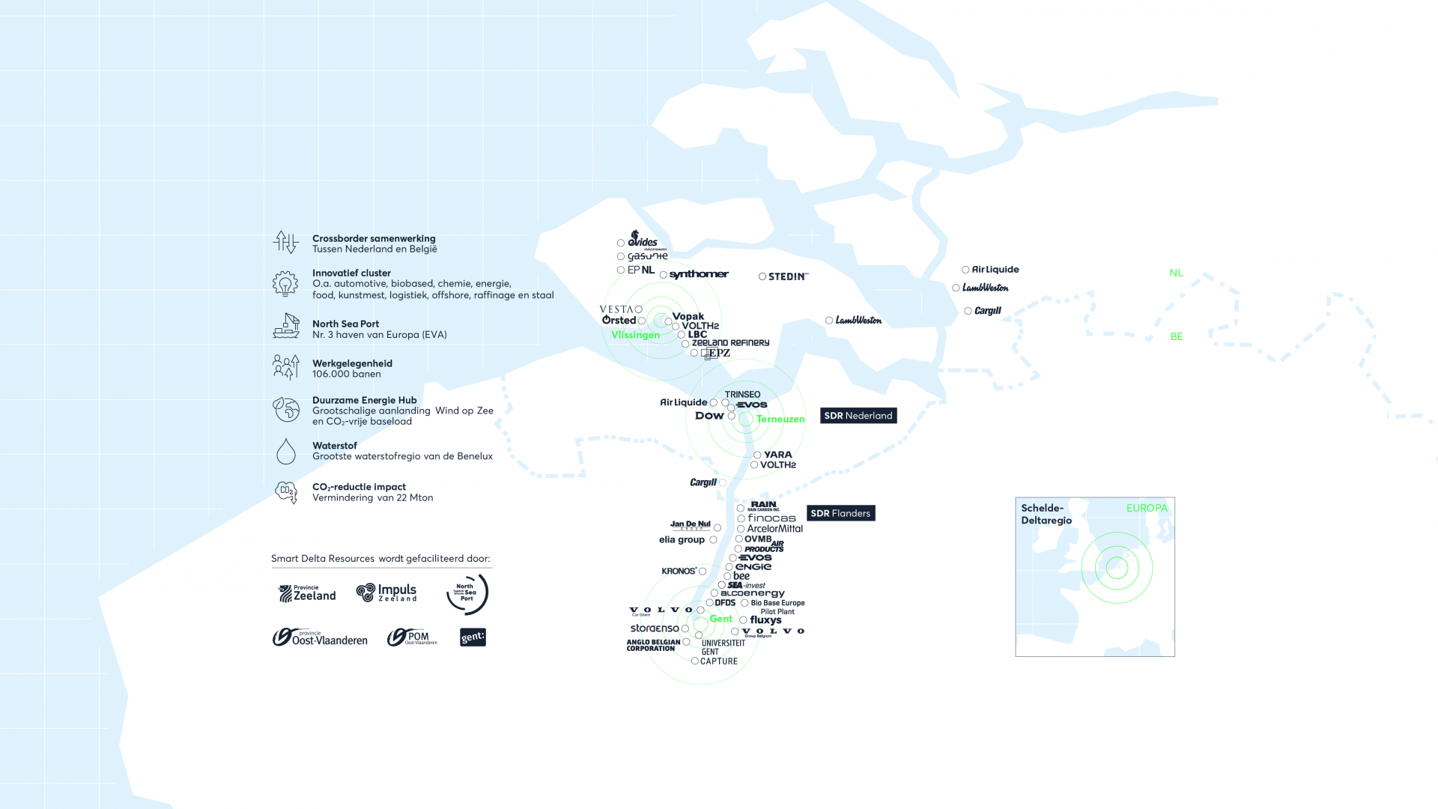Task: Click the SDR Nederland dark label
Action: [858, 416]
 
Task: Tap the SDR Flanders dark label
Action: [840, 513]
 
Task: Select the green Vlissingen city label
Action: [635, 335]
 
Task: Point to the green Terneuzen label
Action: [780, 419]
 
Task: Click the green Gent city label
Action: [721, 619]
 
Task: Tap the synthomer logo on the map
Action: [698, 274]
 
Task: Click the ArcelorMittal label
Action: [774, 529]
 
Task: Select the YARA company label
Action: [777, 455]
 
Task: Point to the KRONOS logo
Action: [679, 571]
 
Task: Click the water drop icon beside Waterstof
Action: [286, 452]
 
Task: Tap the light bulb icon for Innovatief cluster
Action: [285, 284]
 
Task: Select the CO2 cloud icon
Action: [286, 492]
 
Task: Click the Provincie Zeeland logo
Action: [307, 593]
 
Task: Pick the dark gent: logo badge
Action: [473, 637]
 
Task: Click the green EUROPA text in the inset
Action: [1147, 508]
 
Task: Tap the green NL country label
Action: [1176, 273]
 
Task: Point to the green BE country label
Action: [1177, 336]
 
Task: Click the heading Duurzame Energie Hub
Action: [364, 400]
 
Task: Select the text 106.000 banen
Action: [346, 375]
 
